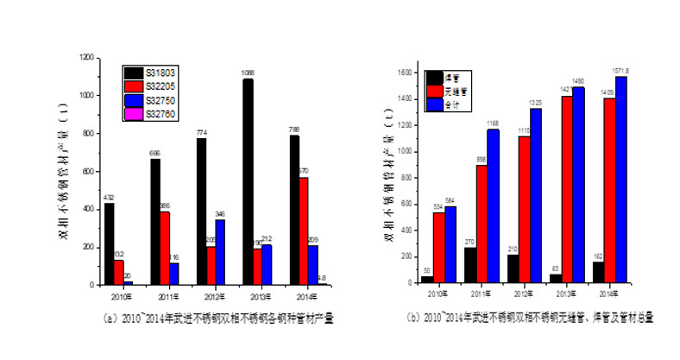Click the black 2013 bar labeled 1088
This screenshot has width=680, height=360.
pos(247,181)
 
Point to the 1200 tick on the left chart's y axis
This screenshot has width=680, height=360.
pos(86,57)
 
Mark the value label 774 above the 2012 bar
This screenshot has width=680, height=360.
pos(202,132)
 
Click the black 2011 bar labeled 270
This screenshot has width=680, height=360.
pos(469,264)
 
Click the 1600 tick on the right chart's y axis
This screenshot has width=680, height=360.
pos(407,73)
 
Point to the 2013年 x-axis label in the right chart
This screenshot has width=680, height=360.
pos(567,293)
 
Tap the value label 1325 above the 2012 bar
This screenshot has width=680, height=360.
pos(536,102)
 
